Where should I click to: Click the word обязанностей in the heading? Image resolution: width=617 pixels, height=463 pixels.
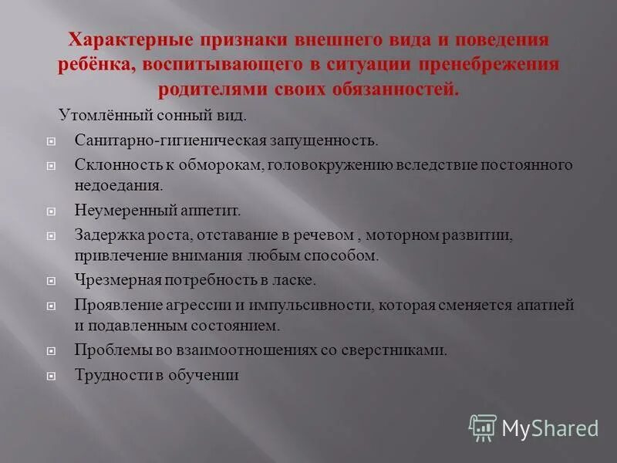392,90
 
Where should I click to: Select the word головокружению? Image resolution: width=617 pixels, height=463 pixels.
328,164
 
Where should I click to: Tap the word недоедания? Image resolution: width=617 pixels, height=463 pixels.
118,185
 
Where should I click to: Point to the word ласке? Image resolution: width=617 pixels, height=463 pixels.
295,279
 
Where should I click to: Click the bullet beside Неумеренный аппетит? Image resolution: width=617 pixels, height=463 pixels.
51,211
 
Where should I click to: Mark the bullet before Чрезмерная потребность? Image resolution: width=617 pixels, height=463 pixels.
51,281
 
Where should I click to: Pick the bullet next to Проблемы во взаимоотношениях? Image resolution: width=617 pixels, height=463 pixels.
51,351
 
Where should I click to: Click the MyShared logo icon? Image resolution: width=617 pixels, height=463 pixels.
483,427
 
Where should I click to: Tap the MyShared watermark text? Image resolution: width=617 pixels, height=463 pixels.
550,428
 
